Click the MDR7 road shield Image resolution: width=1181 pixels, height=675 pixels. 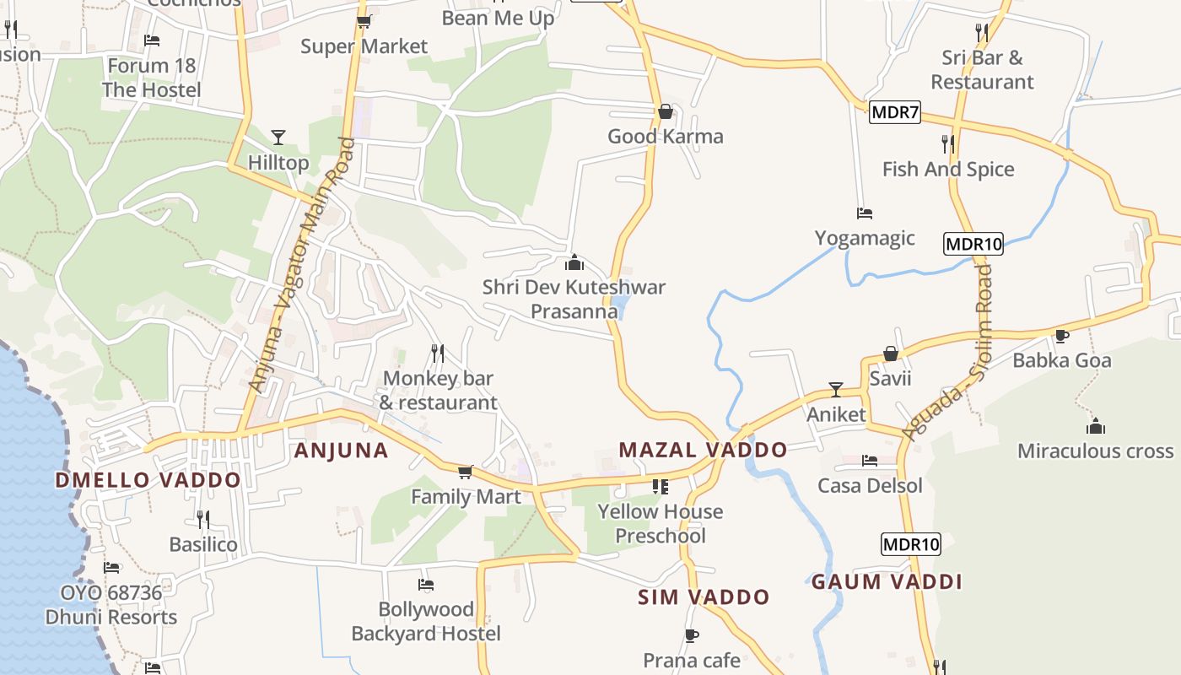pyautogui.click(x=894, y=112)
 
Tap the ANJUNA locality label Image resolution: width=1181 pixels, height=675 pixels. pyautogui.click(x=341, y=451)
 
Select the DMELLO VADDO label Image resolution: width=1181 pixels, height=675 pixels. pyautogui.click(x=148, y=480)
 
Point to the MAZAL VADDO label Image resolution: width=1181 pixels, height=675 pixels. pyautogui.click(x=703, y=450)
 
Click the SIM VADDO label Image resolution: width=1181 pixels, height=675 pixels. pyautogui.click(x=704, y=597)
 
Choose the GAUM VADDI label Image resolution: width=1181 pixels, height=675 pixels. pyautogui.click(x=887, y=581)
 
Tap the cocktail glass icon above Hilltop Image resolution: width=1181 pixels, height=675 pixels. pyautogui.click(x=278, y=138)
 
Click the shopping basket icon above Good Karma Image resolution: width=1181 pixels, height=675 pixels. pyautogui.click(x=665, y=111)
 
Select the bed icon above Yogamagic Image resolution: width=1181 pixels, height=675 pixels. pyautogui.click(x=864, y=213)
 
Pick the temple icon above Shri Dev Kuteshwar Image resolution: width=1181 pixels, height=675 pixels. pyautogui.click(x=574, y=262)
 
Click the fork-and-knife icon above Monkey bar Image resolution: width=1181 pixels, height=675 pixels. pyautogui.click(x=437, y=353)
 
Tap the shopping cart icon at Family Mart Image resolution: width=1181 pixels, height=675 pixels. pyautogui.click(x=465, y=472)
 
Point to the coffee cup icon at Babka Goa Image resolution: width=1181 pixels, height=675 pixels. pyautogui.click(x=1062, y=337)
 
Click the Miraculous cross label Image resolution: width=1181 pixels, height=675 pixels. pyautogui.click(x=1095, y=451)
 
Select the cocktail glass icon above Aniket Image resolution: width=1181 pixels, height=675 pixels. pyautogui.click(x=836, y=390)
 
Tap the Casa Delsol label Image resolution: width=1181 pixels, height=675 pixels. pyautogui.click(x=870, y=486)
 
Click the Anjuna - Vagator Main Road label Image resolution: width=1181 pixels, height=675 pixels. pyautogui.click(x=300, y=266)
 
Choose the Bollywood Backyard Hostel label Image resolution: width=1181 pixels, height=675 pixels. pyautogui.click(x=426, y=621)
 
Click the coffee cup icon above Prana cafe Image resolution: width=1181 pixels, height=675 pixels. pyautogui.click(x=692, y=635)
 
